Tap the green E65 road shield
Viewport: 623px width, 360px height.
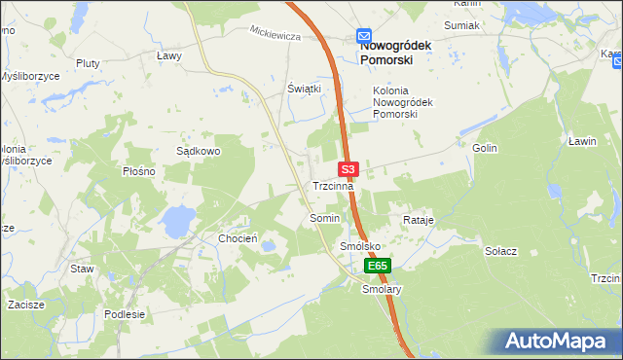tap(378, 265)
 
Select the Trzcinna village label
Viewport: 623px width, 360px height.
tap(334, 185)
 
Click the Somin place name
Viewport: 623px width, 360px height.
tap(324, 219)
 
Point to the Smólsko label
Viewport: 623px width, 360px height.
tap(359, 247)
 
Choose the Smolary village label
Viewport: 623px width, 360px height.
tap(382, 289)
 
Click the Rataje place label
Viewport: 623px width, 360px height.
tap(418, 220)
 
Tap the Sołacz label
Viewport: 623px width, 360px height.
tap(500, 250)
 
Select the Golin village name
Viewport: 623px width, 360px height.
tap(485, 148)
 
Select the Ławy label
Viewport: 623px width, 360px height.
tap(169, 55)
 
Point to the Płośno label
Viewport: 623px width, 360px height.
tap(139, 171)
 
